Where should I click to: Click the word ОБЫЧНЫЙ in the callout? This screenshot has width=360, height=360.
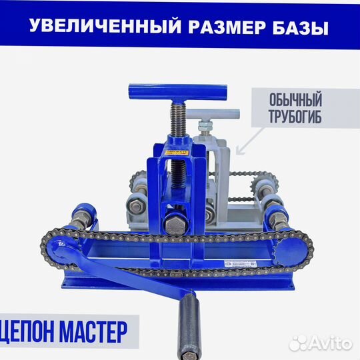point(296,101)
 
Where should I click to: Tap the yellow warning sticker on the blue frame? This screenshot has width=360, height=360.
point(177,153)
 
